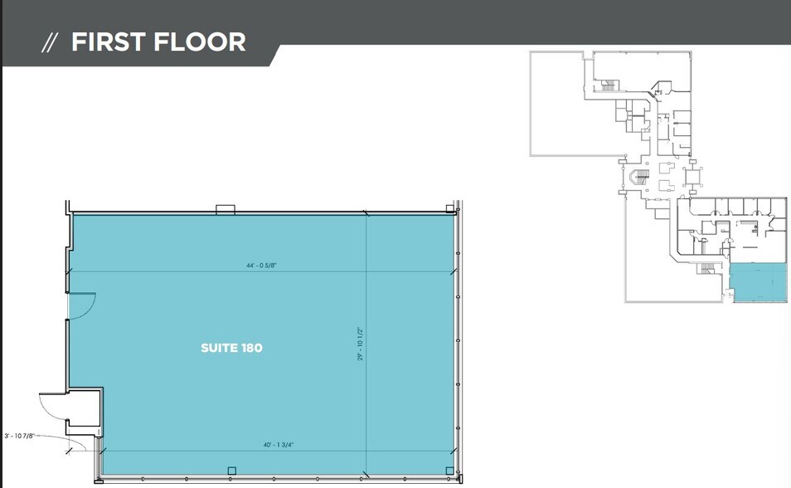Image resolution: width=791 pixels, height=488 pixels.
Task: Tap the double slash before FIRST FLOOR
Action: point(51,43)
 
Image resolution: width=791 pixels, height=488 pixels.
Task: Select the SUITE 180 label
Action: point(231,348)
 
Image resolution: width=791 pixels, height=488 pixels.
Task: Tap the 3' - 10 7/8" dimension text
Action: point(22,435)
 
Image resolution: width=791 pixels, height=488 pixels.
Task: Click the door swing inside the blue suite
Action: point(83,306)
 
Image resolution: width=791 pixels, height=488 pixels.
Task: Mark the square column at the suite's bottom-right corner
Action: point(449,471)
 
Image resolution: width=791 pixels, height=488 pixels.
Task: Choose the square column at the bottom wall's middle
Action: point(231,471)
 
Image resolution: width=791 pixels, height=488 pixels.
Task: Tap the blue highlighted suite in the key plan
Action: point(759,284)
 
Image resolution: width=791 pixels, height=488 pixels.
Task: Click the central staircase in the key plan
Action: point(637,178)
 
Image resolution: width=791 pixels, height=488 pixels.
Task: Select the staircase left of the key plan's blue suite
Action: point(706,268)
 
